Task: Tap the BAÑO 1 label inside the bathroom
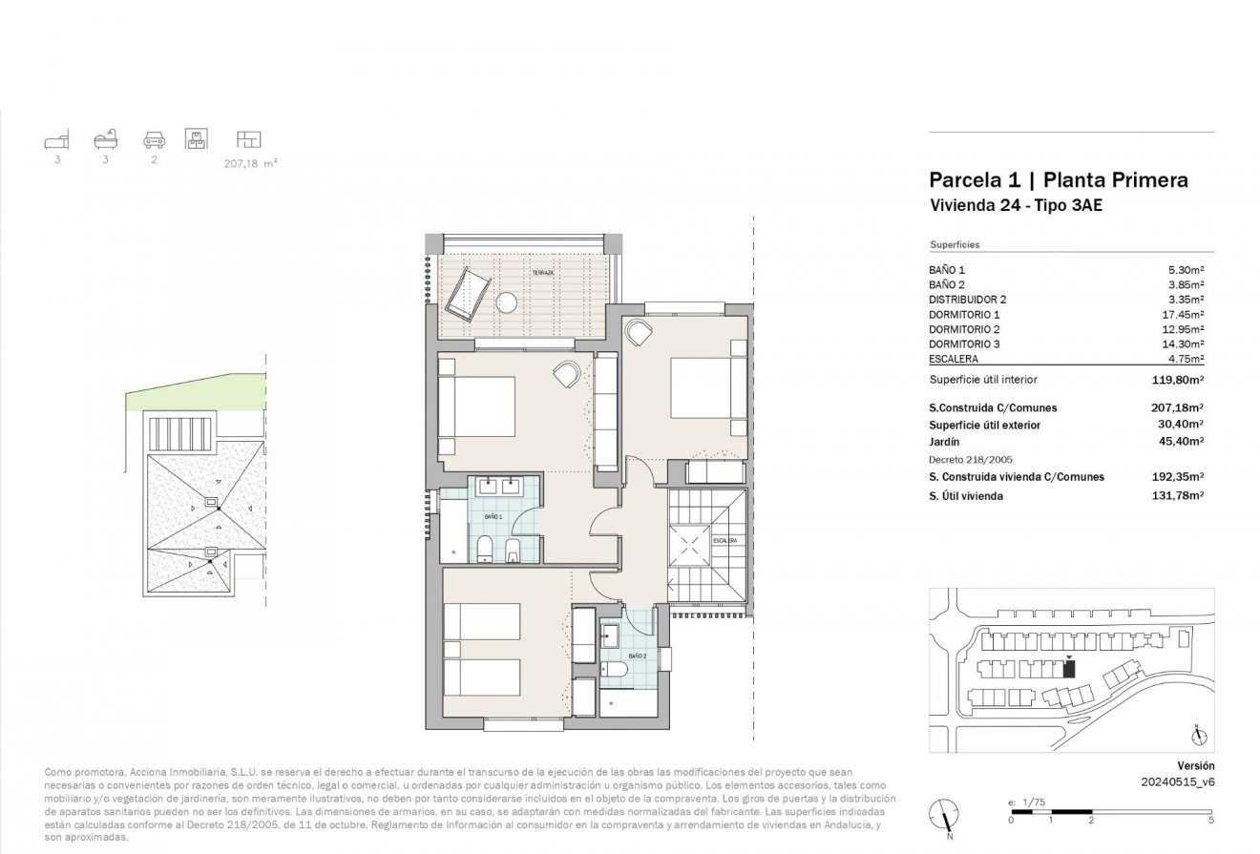[x=493, y=516]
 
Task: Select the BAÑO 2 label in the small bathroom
[x=638, y=656]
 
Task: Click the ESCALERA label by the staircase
[x=724, y=540]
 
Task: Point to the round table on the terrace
[x=508, y=302]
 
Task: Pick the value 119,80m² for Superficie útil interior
[x=1177, y=379]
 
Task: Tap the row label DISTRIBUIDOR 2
[x=968, y=300]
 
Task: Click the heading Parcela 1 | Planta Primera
[x=1058, y=179]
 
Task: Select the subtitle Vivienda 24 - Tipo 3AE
[x=1016, y=204]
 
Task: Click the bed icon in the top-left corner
[x=57, y=141]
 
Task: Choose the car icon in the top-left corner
[x=153, y=140]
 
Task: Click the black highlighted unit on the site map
[x=1069, y=669]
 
